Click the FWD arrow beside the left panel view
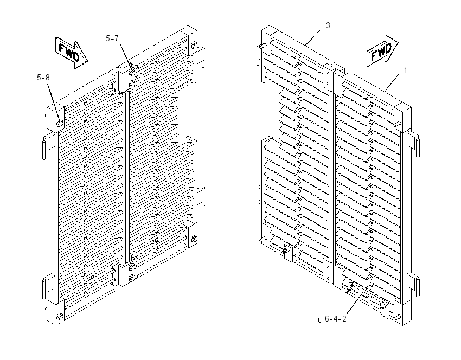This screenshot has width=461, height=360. click(x=71, y=53)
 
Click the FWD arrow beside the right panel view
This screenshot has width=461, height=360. click(x=382, y=51)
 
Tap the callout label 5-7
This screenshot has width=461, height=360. click(x=112, y=38)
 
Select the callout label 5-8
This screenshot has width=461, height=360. click(x=43, y=78)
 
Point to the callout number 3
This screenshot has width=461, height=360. click(x=328, y=25)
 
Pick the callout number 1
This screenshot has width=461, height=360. click(x=406, y=70)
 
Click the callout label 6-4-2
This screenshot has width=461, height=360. click(x=336, y=319)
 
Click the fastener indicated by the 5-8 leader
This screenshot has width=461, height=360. click(x=60, y=123)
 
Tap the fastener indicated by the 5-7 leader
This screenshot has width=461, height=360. click(x=132, y=72)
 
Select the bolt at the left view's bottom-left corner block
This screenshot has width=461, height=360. click(x=59, y=317)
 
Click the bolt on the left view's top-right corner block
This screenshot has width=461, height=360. click(x=194, y=46)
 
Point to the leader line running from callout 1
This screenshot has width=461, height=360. click(x=392, y=82)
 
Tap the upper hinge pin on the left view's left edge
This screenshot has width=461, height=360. click(x=44, y=150)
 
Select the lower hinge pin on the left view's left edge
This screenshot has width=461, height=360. click(x=44, y=288)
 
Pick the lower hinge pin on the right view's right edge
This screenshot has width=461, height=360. click(x=418, y=287)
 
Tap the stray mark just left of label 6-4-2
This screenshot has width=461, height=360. click(x=319, y=320)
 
